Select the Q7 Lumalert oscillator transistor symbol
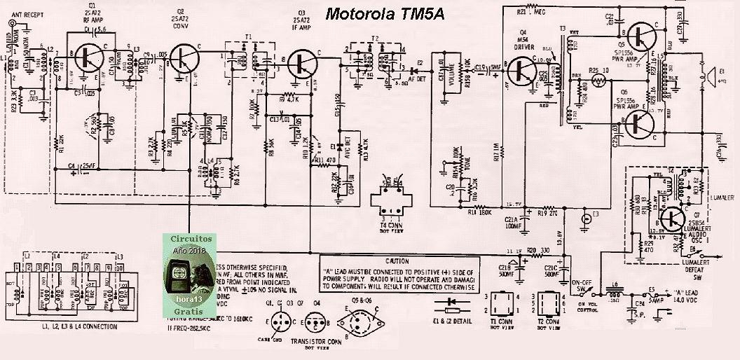[x=673, y=218]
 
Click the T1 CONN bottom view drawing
[x=503, y=304]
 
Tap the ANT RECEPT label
[x=27, y=12]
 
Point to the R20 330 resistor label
[x=536, y=249]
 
